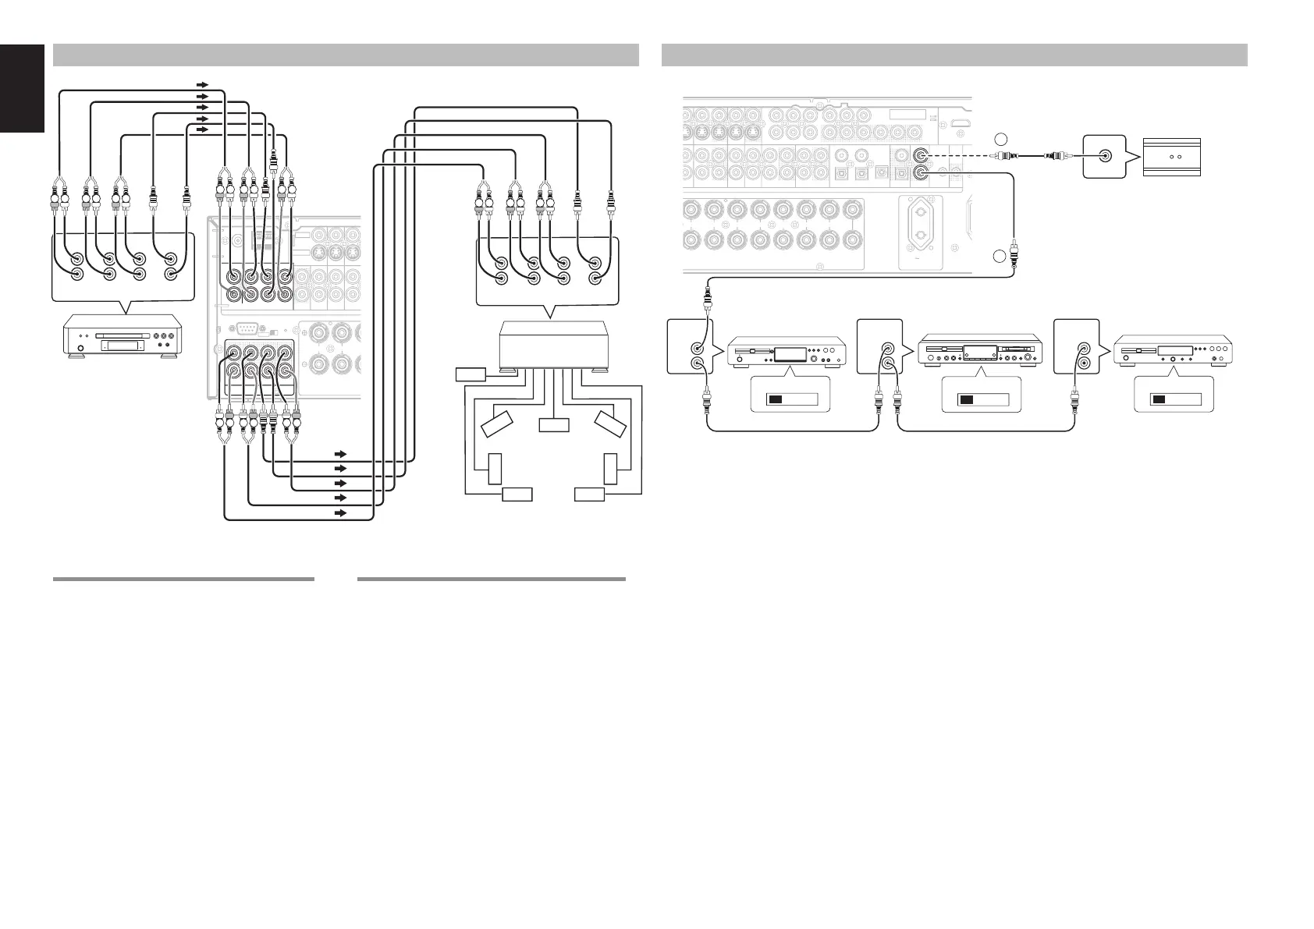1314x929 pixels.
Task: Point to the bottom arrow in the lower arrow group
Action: pyautogui.click(x=339, y=513)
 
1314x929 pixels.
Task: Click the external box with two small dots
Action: pyautogui.click(x=1173, y=156)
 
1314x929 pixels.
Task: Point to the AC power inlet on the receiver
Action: pyautogui.click(x=921, y=231)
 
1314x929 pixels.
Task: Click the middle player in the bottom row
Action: pyautogui.click(x=982, y=351)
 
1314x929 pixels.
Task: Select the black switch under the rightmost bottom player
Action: pyautogui.click(x=1160, y=399)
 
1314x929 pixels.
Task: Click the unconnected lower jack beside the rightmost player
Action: pyautogui.click(x=1083, y=363)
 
